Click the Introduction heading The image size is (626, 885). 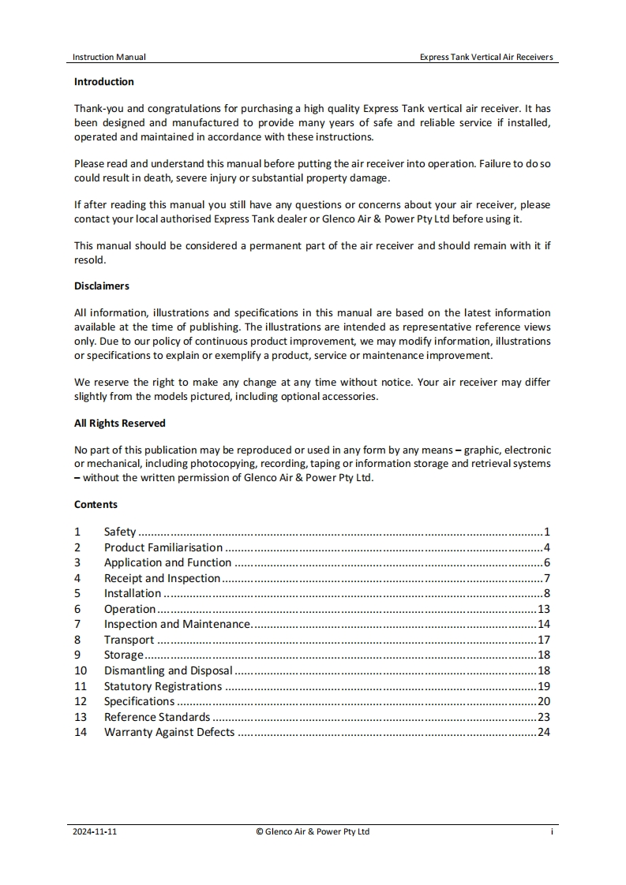click(x=104, y=81)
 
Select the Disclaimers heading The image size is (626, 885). click(x=102, y=286)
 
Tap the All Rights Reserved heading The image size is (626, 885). click(x=120, y=423)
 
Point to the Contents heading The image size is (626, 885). click(x=96, y=504)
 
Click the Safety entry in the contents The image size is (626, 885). click(x=120, y=532)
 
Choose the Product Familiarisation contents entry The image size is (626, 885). click(x=163, y=547)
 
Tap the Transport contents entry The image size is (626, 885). click(x=129, y=640)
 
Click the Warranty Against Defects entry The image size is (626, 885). click(x=169, y=732)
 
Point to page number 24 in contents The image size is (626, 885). click(x=543, y=732)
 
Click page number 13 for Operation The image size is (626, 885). click(x=543, y=609)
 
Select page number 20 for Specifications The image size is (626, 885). click(x=543, y=701)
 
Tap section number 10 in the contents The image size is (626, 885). click(x=81, y=670)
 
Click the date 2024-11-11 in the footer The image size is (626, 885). click(x=95, y=831)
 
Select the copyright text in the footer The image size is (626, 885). click(x=313, y=831)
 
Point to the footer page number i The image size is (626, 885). click(x=552, y=831)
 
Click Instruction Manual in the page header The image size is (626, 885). click(x=109, y=57)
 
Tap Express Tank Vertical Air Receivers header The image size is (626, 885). click(x=486, y=57)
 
